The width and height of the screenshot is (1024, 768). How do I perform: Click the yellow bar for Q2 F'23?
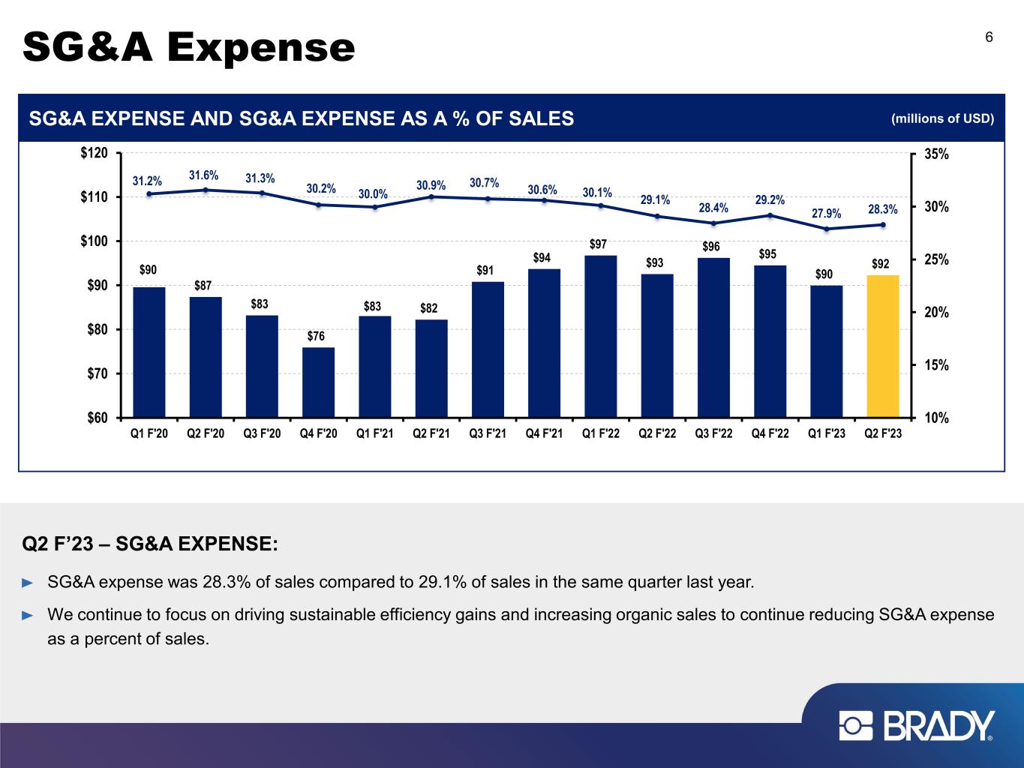coord(882,346)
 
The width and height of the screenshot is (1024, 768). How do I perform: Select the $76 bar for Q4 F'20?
coord(318,382)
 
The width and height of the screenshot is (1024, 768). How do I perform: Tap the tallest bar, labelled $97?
coord(600,336)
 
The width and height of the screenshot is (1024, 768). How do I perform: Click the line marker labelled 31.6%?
coord(206,190)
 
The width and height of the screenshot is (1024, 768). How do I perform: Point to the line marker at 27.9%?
coord(827,229)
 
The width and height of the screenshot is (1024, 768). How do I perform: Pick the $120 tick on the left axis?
coord(94,154)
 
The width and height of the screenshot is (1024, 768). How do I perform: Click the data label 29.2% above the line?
coord(770,200)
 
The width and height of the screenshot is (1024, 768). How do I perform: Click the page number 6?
coord(989,38)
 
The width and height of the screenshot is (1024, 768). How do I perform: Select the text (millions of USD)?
coord(942,118)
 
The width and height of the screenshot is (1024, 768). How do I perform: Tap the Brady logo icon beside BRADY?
coord(856,726)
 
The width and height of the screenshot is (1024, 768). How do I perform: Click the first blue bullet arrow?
coord(29,582)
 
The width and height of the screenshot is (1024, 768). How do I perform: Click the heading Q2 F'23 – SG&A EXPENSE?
coord(151,543)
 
